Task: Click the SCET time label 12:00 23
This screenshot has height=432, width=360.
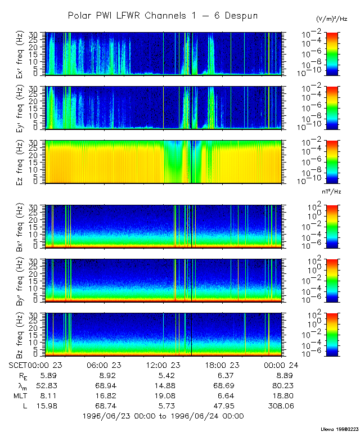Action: [163, 364]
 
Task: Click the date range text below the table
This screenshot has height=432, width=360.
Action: [163, 416]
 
